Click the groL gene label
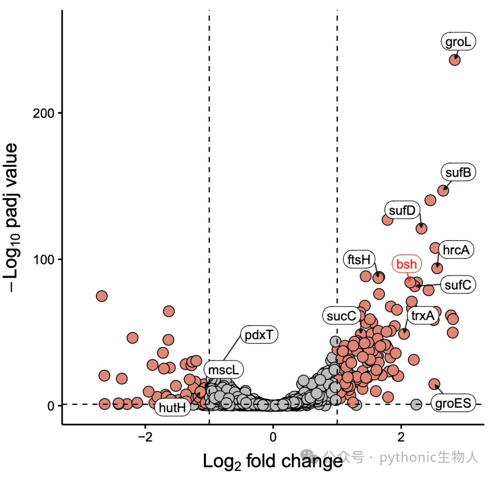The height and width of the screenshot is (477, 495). coord(458,41)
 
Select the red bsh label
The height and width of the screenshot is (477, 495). coord(407,264)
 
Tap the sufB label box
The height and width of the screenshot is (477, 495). coord(458,172)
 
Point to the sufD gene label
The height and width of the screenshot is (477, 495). coord(402,210)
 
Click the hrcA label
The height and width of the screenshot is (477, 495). coord(456,250)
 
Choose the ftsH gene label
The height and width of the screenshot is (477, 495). coord(359,259)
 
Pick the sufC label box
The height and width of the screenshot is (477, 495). coord(458,285)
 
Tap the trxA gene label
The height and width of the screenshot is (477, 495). coord(423,315)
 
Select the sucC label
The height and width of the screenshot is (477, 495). coord(341,316)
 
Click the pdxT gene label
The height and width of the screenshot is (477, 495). coord(259,334)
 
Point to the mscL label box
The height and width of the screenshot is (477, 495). coord(224,369)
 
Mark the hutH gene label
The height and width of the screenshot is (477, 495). coord(172,407)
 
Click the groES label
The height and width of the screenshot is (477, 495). coord(453,403)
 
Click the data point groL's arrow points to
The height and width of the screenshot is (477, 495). coord(455,60)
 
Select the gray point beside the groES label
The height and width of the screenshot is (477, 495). coord(416,404)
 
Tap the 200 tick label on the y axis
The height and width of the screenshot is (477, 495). coord(43,113)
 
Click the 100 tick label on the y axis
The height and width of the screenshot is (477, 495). coord(43,259)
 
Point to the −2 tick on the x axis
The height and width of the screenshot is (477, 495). coord(145,437)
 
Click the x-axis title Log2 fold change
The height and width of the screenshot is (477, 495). coord(273,461)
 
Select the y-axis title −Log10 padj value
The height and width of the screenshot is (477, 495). coord(11,218)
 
